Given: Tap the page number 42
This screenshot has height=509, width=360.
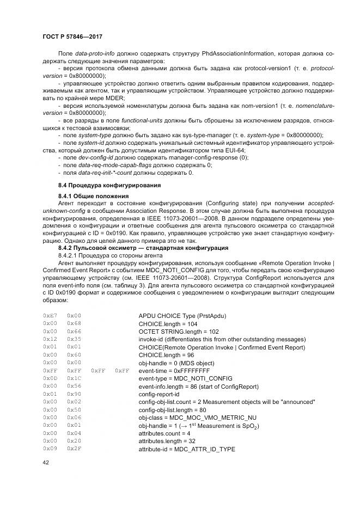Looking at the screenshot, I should [46, 463].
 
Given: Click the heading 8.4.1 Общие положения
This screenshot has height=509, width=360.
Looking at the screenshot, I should [93, 195].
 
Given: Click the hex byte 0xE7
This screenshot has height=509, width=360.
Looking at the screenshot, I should [50, 315].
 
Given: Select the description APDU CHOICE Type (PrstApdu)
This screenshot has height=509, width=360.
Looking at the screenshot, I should [182, 315].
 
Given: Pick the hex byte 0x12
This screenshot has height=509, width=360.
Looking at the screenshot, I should [50, 339].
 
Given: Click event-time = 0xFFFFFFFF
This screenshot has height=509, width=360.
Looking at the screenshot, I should [174, 370].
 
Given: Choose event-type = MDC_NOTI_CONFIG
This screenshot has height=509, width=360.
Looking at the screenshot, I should [185, 378].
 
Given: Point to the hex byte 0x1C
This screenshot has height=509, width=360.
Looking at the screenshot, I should [74, 378].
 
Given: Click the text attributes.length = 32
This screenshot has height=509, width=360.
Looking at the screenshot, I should [166, 440].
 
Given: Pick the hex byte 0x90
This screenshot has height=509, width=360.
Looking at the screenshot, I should [74, 394].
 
